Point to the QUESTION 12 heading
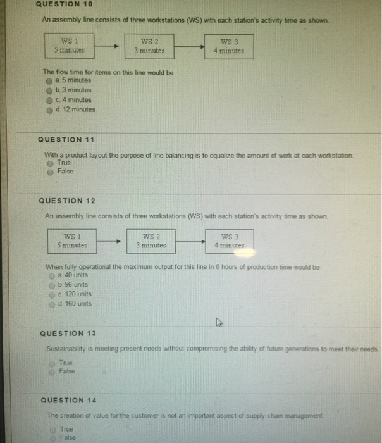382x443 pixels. point(67,201)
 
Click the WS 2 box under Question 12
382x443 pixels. point(151,241)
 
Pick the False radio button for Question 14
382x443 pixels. point(53,437)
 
